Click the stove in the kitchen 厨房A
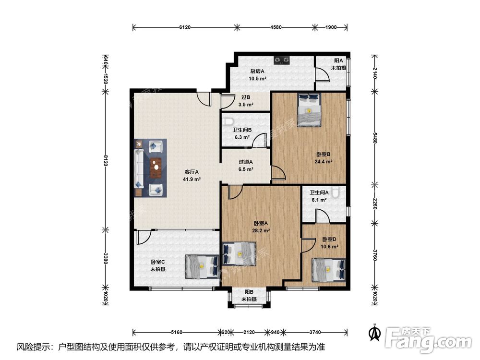[x=282, y=60]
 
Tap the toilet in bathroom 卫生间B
[x=228, y=121]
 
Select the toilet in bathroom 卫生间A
[x=336, y=192]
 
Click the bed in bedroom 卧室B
[x=309, y=110]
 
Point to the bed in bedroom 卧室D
[x=328, y=270]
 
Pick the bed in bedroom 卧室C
[x=202, y=266]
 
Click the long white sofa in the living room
[x=139, y=168]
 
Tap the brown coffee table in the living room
[x=156, y=168]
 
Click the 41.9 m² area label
[x=192, y=180]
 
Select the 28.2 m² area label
[x=261, y=231]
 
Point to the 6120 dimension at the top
[x=185, y=27]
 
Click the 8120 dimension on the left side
[x=105, y=160]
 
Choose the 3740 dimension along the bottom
[x=315, y=332]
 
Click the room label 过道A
[x=246, y=162]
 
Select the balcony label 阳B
[x=249, y=292]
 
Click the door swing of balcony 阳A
[x=323, y=75]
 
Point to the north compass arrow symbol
[x=375, y=333]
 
